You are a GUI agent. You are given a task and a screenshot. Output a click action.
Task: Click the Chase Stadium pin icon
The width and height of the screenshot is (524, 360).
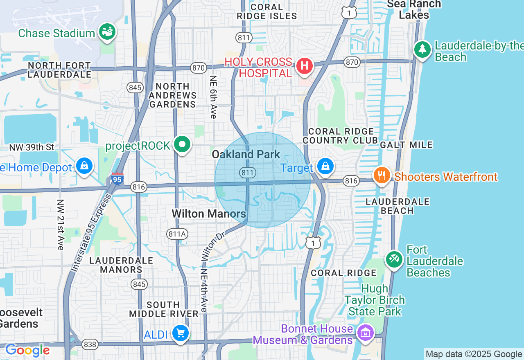pyautogui.click(x=107, y=31)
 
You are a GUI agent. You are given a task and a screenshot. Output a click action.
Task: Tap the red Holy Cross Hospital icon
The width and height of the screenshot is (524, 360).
pyautogui.click(x=304, y=65)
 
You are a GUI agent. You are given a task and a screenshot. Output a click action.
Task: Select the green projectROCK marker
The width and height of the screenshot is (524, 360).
pyautogui.click(x=182, y=144)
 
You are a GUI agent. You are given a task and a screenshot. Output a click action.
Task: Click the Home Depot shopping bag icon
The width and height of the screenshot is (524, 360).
pyautogui.click(x=84, y=166)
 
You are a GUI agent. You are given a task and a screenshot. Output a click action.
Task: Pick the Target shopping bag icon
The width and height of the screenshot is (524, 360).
pyautogui.click(x=325, y=166)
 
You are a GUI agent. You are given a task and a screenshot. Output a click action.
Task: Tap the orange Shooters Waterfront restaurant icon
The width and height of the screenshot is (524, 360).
pyautogui.click(x=382, y=175)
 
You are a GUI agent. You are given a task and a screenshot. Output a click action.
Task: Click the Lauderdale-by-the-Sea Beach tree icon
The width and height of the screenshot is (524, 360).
pyautogui.click(x=422, y=49)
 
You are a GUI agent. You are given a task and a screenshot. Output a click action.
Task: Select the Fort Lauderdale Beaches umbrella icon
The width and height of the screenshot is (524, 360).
pyautogui.click(x=394, y=259)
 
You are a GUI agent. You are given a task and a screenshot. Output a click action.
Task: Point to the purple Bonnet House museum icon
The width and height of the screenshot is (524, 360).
pyautogui.click(x=366, y=332)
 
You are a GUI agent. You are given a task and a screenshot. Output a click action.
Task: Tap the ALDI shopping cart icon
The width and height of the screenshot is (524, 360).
pyautogui.click(x=180, y=333)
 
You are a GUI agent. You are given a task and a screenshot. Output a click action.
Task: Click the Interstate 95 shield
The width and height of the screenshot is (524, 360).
pyautogui.click(x=117, y=179)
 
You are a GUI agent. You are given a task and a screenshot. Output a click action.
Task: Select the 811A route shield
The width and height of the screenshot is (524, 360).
pyautogui.click(x=177, y=234)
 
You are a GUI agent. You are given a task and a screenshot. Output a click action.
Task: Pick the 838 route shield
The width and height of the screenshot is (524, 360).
pyautogui.click(x=90, y=344)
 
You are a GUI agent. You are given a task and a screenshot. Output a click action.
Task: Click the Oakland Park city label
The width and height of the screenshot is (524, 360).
pyautogui.click(x=246, y=154)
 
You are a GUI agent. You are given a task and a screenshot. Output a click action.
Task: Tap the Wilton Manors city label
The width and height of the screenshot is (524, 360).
pyautogui.click(x=209, y=214)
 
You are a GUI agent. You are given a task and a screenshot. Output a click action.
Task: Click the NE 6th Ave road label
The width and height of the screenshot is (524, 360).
pyautogui.click(x=213, y=97)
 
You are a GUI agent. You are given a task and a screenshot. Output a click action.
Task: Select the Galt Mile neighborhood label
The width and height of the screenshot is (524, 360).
pyautogui.click(x=406, y=145)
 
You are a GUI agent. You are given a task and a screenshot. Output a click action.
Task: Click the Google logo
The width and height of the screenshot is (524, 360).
pyautogui.click(x=27, y=350)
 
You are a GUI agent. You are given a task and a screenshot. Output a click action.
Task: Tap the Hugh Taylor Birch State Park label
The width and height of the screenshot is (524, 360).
pyautogui.click(x=374, y=300)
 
